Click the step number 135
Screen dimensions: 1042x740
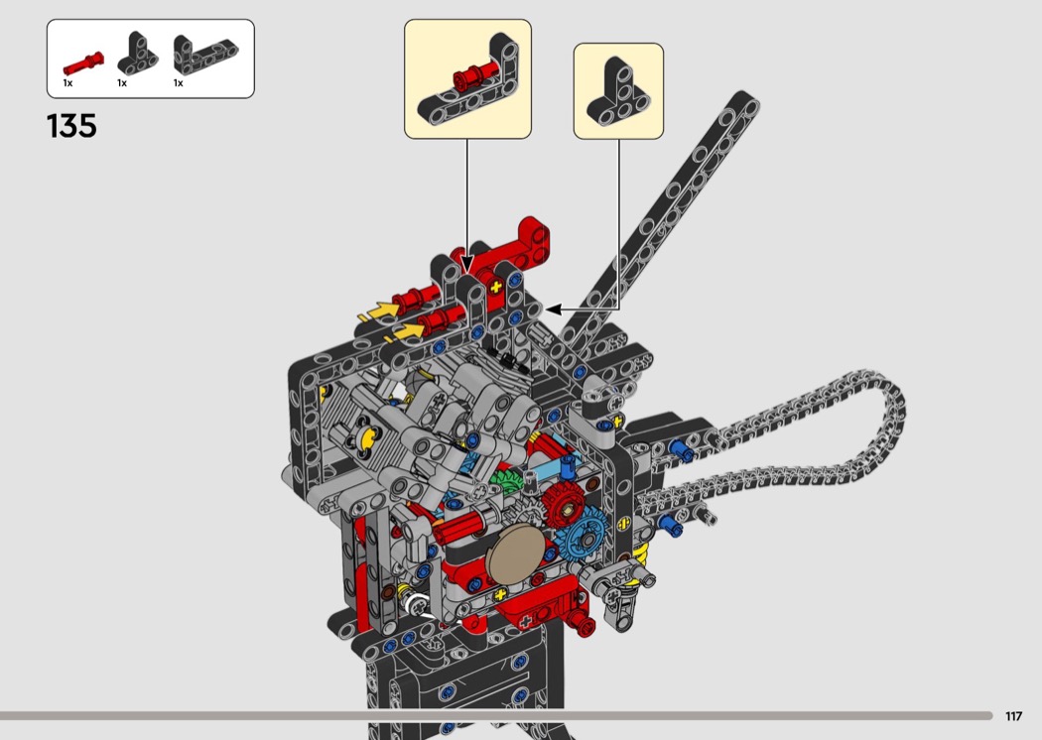tap(71, 126)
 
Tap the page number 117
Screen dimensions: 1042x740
tap(1013, 716)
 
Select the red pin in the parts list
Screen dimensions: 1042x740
tap(83, 63)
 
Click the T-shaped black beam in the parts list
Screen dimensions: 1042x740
tap(138, 54)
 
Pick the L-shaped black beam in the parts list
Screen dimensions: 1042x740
tap(204, 56)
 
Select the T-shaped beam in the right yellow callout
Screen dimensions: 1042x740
tap(618, 93)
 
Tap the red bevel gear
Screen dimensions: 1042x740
tap(563, 502)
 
